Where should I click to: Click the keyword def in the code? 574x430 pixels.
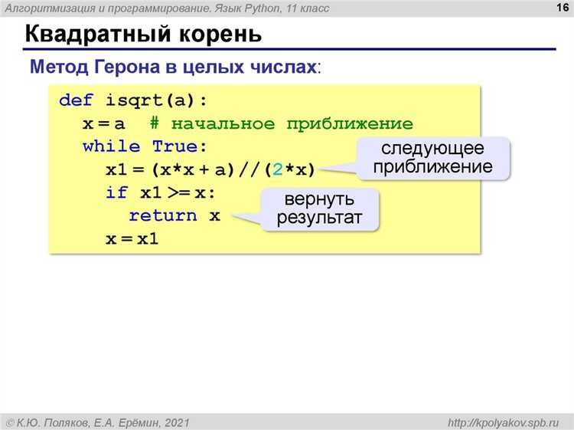pos(75,101)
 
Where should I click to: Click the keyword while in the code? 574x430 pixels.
pos(111,146)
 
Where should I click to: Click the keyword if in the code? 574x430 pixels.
pos(116,192)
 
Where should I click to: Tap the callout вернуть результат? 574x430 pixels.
pos(321,209)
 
